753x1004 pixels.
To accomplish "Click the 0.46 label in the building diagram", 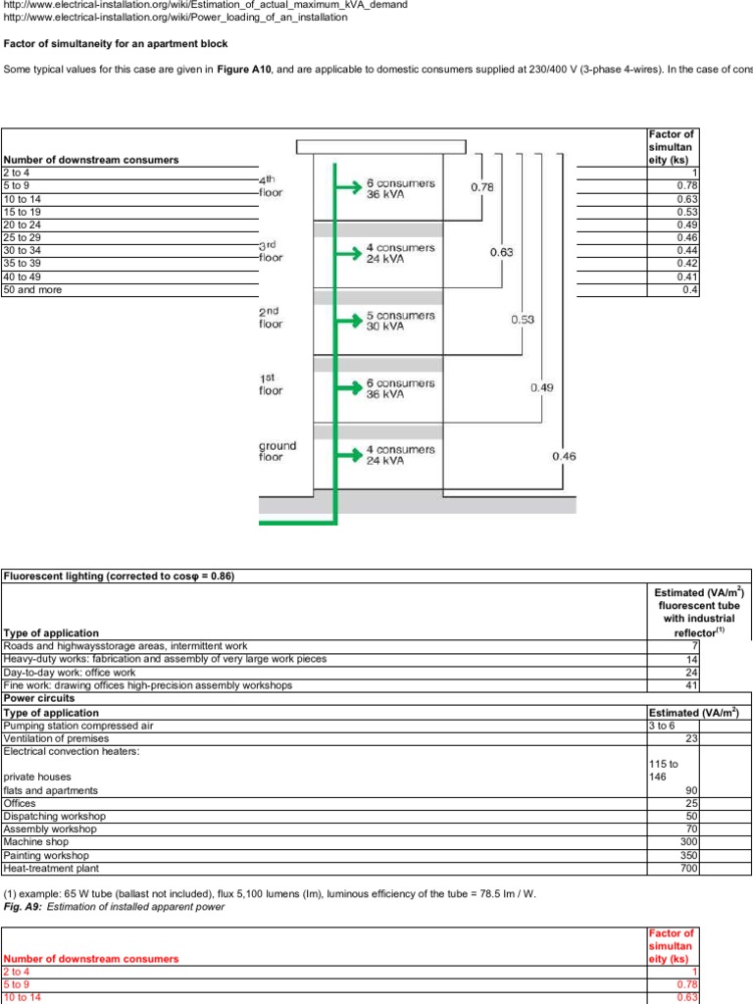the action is point(564,456).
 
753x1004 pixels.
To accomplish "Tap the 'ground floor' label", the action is point(277,451).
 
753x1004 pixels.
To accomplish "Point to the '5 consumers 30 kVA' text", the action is point(400,322).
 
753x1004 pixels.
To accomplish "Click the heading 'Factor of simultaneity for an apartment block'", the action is point(116,44).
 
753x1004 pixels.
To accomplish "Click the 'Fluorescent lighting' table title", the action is point(119,576).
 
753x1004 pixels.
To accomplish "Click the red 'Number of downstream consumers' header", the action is point(91,958).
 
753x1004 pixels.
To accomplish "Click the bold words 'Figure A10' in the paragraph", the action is point(244,70).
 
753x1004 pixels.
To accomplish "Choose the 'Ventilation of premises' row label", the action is point(60,738).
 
